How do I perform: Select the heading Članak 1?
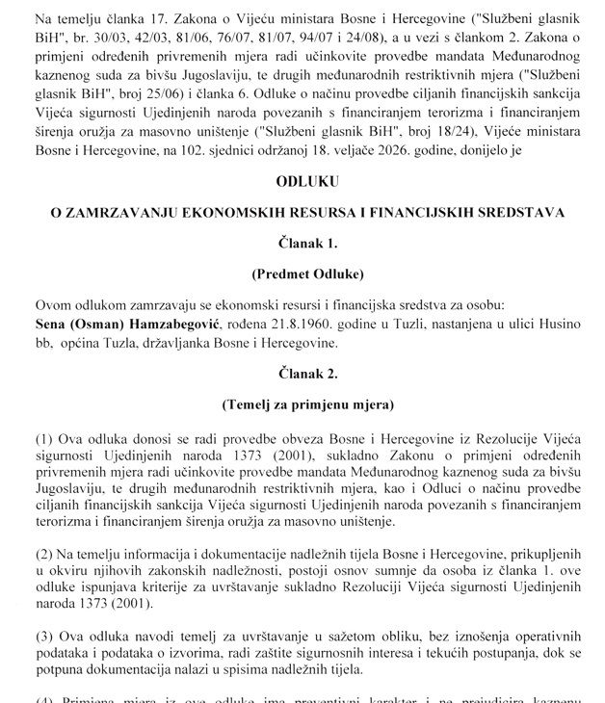[x=302, y=242]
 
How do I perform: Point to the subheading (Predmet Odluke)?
[x=302, y=273]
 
